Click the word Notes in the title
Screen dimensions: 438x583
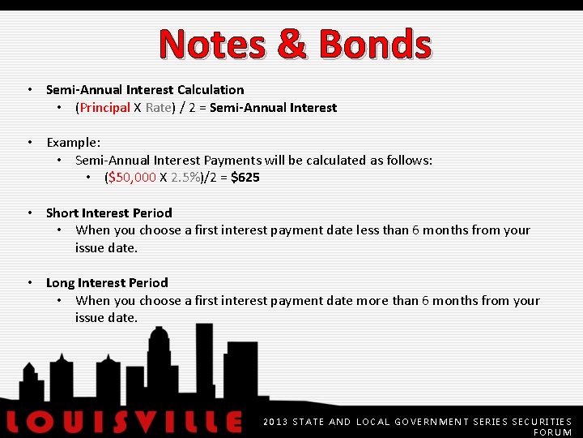pos(212,45)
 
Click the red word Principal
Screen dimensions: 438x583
pos(104,107)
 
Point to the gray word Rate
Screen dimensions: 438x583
pos(158,107)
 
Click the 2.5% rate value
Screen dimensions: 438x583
pos(185,177)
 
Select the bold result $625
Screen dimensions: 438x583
pos(245,177)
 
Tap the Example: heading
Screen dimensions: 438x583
pos(73,143)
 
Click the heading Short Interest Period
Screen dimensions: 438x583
pos(109,213)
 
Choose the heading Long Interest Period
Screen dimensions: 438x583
pos(107,282)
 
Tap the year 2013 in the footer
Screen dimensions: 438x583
pos(275,422)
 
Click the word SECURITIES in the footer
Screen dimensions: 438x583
pos(542,422)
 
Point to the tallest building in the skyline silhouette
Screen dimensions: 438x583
pos(203,357)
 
